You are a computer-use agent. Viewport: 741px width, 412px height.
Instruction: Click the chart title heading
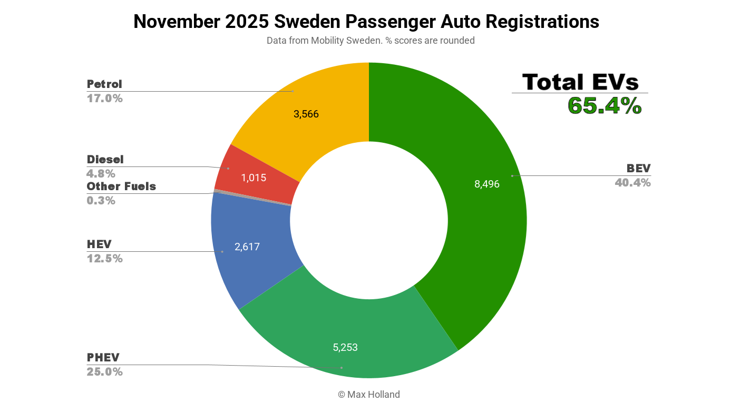[x=366, y=22]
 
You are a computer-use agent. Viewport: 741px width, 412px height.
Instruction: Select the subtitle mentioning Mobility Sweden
[x=370, y=41]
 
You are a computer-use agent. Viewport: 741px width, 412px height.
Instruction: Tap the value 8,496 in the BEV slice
[x=486, y=184]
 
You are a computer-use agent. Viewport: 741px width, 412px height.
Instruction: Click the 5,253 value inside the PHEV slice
[x=345, y=347]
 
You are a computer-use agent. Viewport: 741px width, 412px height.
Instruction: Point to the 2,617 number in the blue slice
[x=247, y=247]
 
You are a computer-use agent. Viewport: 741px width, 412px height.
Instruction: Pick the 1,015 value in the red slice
[x=253, y=178]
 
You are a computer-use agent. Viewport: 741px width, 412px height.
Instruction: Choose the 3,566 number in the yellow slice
[x=306, y=114]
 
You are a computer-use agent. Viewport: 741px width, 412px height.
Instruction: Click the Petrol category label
[x=104, y=84]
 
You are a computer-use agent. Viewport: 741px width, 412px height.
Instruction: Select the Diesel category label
[x=105, y=160]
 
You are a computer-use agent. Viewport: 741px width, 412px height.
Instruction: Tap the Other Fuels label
[x=121, y=187]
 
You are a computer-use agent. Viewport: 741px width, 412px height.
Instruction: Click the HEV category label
[x=99, y=244]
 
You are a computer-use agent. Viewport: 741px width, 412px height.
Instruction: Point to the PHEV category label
[x=103, y=358]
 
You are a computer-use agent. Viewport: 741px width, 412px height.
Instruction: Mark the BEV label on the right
[x=638, y=169]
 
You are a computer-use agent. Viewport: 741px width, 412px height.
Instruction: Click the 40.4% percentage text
[x=632, y=183]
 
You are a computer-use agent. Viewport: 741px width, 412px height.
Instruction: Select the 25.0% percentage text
[x=104, y=372]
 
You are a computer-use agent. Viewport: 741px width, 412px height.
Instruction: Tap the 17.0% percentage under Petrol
[x=104, y=99]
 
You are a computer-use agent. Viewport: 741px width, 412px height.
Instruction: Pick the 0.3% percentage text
[x=101, y=201]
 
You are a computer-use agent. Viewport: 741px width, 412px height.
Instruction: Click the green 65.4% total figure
[x=604, y=106]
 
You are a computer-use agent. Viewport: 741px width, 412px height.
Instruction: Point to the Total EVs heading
[x=580, y=82]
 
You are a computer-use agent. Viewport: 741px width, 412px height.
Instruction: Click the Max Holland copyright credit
[x=368, y=395]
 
